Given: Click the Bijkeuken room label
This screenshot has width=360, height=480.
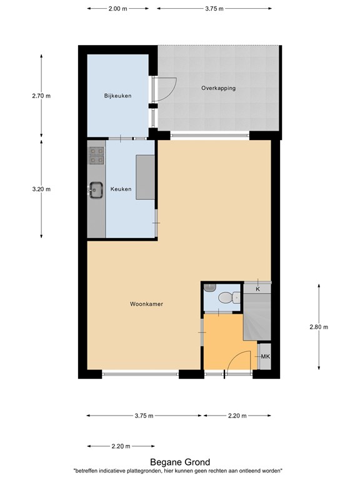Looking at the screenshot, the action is pyautogui.click(x=118, y=96).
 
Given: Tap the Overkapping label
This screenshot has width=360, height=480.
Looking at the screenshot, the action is pyautogui.click(x=218, y=88).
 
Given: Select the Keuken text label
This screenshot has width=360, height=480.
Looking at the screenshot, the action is pyautogui.click(x=121, y=189).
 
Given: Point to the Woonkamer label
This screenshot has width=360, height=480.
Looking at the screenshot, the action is pyautogui.click(x=146, y=304).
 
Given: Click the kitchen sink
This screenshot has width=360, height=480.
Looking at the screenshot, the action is pyautogui.click(x=96, y=191).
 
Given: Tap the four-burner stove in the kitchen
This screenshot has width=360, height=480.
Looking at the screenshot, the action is pyautogui.click(x=96, y=156).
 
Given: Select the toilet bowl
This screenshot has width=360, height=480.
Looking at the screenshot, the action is pyautogui.click(x=229, y=297).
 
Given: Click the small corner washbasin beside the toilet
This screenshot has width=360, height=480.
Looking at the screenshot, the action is pyautogui.click(x=210, y=287).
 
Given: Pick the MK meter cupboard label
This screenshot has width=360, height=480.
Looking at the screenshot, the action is pyautogui.click(x=266, y=356).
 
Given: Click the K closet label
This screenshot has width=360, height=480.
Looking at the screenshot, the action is pyautogui.click(x=257, y=289).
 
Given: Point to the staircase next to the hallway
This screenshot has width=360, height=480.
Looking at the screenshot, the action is pyautogui.click(x=257, y=316).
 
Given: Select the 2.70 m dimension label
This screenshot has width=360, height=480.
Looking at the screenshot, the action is pyautogui.click(x=41, y=96).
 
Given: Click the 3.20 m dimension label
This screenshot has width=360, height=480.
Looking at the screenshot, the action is pyautogui.click(x=41, y=189).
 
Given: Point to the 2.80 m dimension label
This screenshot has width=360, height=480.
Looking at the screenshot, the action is pyautogui.click(x=319, y=327).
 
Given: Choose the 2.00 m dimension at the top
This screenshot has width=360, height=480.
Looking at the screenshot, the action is pyautogui.click(x=118, y=9).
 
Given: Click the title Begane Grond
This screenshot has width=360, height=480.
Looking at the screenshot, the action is pyautogui.click(x=180, y=462).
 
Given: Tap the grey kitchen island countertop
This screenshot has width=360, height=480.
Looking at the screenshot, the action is pyautogui.click(x=146, y=177).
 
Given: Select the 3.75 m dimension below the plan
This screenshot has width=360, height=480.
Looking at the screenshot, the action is pyautogui.click(x=144, y=416).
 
